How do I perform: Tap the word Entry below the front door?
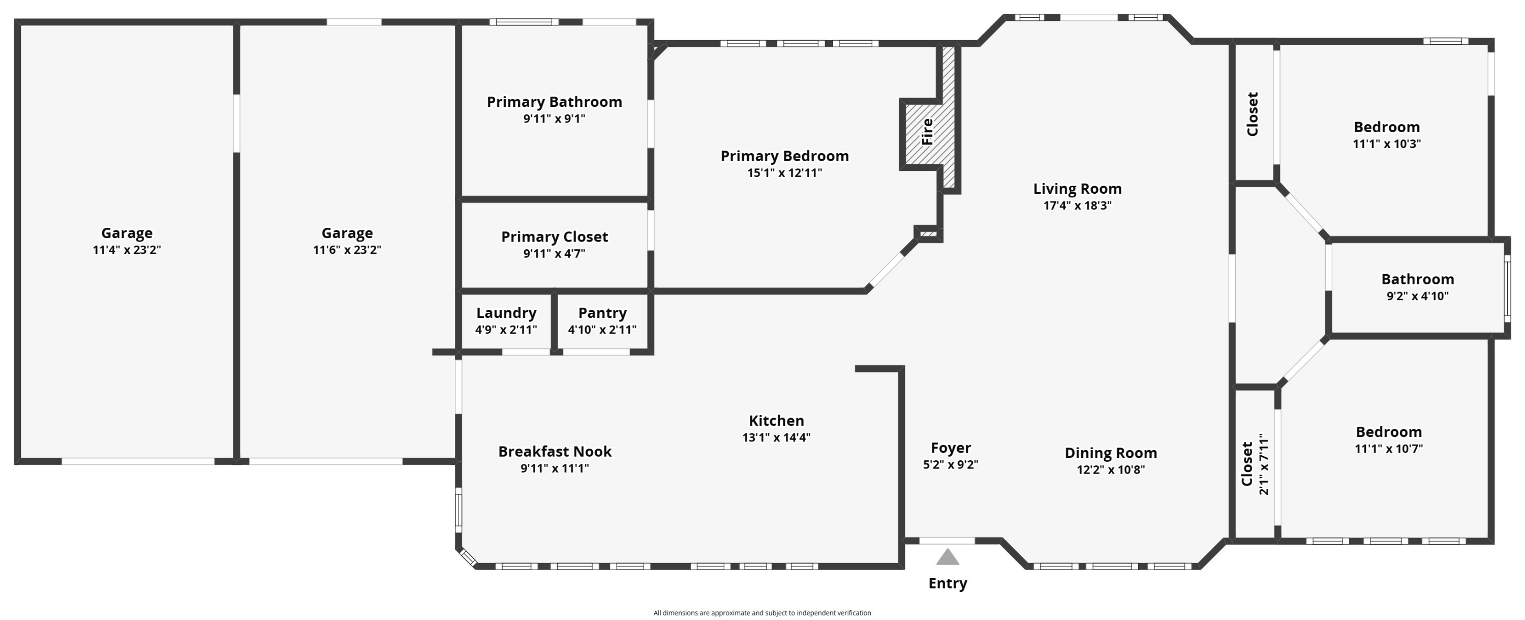pos(948,583)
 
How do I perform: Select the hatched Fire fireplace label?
pos(927,131)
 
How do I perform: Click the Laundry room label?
pos(506,313)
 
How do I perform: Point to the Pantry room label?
pos(602,313)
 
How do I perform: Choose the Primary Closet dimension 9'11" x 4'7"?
pos(554,253)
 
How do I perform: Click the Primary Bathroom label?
pos(554,102)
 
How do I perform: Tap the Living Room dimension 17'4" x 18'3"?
pos(1078,205)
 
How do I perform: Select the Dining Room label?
pos(1111,453)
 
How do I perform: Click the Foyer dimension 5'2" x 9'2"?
pos(950,465)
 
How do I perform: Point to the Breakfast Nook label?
pos(555,451)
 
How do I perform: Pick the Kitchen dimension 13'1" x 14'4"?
pos(776,437)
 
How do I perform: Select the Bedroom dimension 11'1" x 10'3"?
pos(1386,144)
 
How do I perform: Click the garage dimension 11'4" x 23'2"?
pos(127,250)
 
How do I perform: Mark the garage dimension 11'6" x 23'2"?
pos(347,250)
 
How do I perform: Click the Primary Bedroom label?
pos(784,156)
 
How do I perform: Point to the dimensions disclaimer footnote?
pos(762,613)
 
